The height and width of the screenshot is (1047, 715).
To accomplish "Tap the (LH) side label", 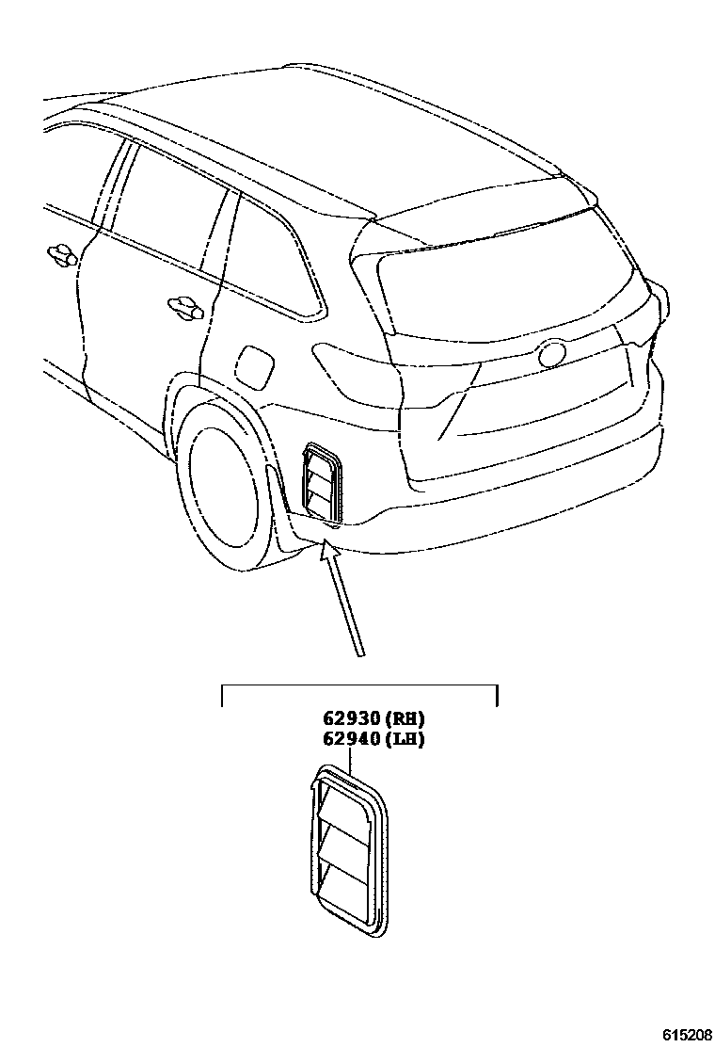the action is (x=403, y=739).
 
